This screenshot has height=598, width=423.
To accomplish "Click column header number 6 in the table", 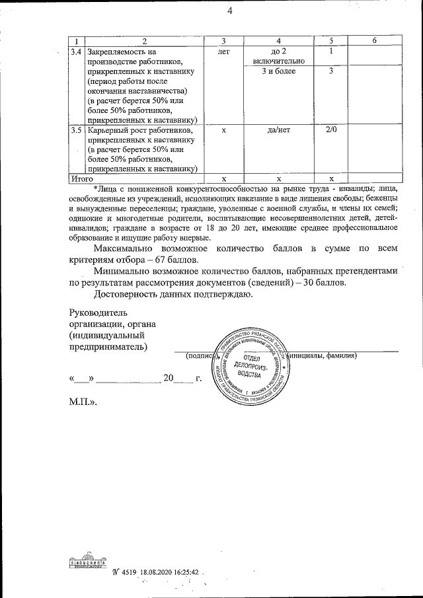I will [374, 41].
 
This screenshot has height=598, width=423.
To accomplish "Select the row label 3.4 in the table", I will [76, 51].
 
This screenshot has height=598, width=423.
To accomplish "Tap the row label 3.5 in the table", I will [76, 130].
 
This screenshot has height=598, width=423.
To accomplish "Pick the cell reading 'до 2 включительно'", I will [278, 56].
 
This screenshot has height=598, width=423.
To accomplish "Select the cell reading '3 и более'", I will [278, 71].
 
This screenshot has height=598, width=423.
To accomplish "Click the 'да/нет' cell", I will [278, 130].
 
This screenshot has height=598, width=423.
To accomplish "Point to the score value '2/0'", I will [331, 130].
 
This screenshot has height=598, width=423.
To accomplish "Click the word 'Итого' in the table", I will [83, 178].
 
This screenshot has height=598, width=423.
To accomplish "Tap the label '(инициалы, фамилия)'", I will [325, 356].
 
